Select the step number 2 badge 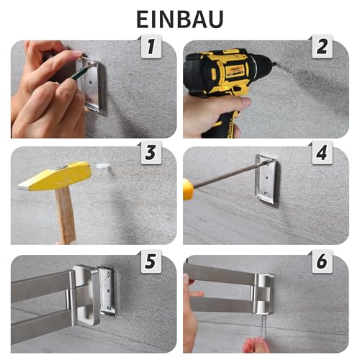click(x=322, y=48)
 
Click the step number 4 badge click(x=322, y=153)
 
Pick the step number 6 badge click(x=322, y=262)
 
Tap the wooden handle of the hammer click(x=66, y=216)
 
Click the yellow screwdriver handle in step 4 click(x=189, y=189)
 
